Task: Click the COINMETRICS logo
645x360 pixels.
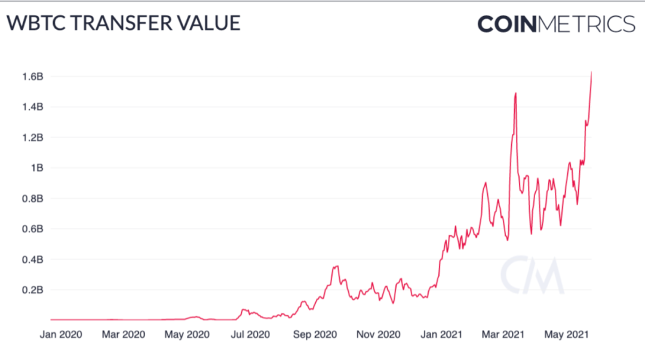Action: coord(556,24)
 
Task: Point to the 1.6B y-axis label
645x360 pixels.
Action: coord(33,76)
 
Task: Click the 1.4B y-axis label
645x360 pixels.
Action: coord(33,107)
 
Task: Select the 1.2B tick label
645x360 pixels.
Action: coord(33,137)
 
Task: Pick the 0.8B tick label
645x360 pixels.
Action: coord(33,198)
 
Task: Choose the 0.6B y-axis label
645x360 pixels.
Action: coord(33,229)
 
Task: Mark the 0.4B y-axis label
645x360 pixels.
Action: coord(33,260)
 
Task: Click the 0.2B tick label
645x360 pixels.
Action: coord(33,290)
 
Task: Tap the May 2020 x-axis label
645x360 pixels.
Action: coord(186,334)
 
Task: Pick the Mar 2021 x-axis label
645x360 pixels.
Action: coord(503,334)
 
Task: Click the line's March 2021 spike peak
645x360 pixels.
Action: coord(515,93)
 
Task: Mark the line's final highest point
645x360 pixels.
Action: coord(591,72)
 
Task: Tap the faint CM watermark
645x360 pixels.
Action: coord(532,275)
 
